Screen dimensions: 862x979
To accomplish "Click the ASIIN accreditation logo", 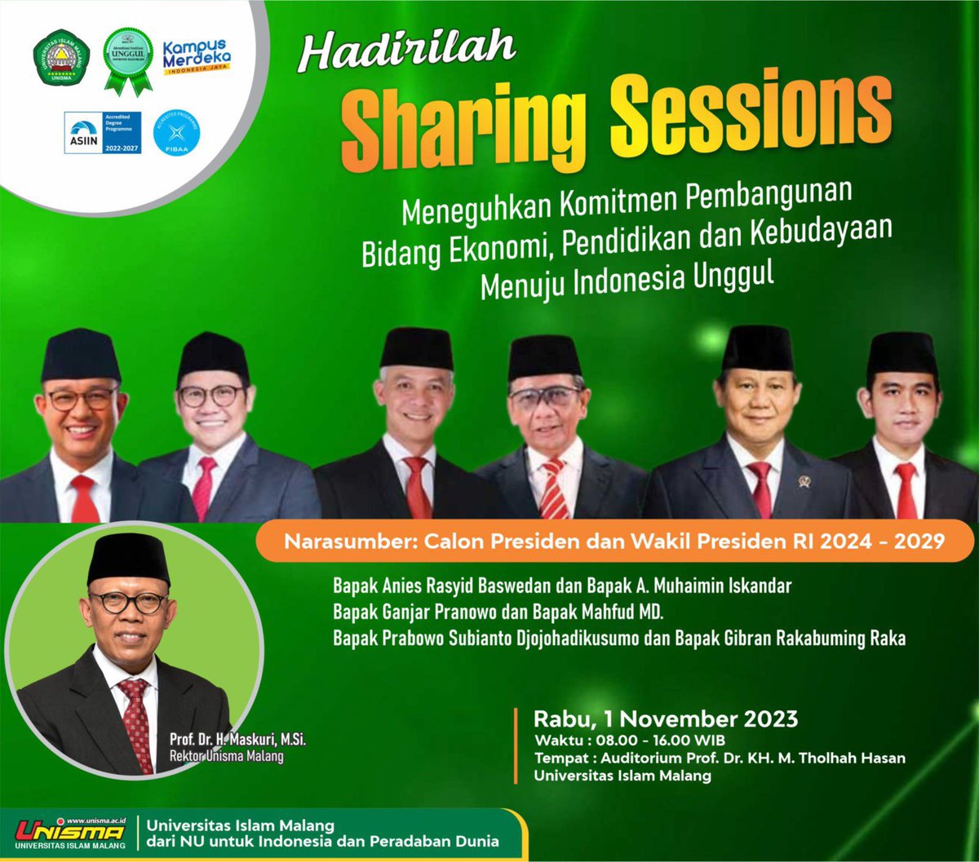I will point(103,134).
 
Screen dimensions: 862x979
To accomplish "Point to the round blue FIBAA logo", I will point(177,133).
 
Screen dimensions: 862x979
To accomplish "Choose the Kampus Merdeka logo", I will point(197,57).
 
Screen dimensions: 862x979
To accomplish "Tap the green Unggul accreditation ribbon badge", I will point(128,60).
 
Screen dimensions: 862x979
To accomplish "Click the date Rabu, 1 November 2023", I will point(666,719).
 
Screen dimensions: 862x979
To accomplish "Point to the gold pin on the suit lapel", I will point(804,481).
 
